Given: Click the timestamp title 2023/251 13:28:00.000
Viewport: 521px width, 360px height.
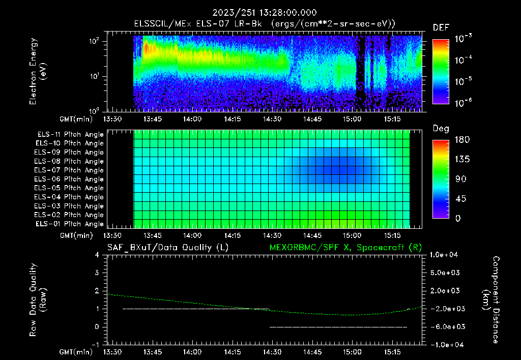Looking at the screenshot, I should click(x=260, y=13).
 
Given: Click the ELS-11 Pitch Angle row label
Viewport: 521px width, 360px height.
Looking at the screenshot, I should click(x=69, y=135).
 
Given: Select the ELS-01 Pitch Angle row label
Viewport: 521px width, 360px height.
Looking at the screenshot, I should click(x=69, y=224).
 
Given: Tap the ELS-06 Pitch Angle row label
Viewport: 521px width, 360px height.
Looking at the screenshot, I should click(x=69, y=179).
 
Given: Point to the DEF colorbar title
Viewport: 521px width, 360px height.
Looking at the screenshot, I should click(x=441, y=27).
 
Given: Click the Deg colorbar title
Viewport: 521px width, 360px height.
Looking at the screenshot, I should click(x=441, y=128).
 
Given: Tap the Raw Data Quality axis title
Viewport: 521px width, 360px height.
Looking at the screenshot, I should click(x=38, y=299).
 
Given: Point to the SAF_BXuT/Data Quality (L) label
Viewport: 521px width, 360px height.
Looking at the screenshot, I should click(x=167, y=247).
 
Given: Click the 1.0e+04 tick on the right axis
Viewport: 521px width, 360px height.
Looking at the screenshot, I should click(x=445, y=255).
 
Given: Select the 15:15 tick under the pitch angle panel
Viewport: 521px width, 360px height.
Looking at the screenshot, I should click(x=392, y=235).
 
